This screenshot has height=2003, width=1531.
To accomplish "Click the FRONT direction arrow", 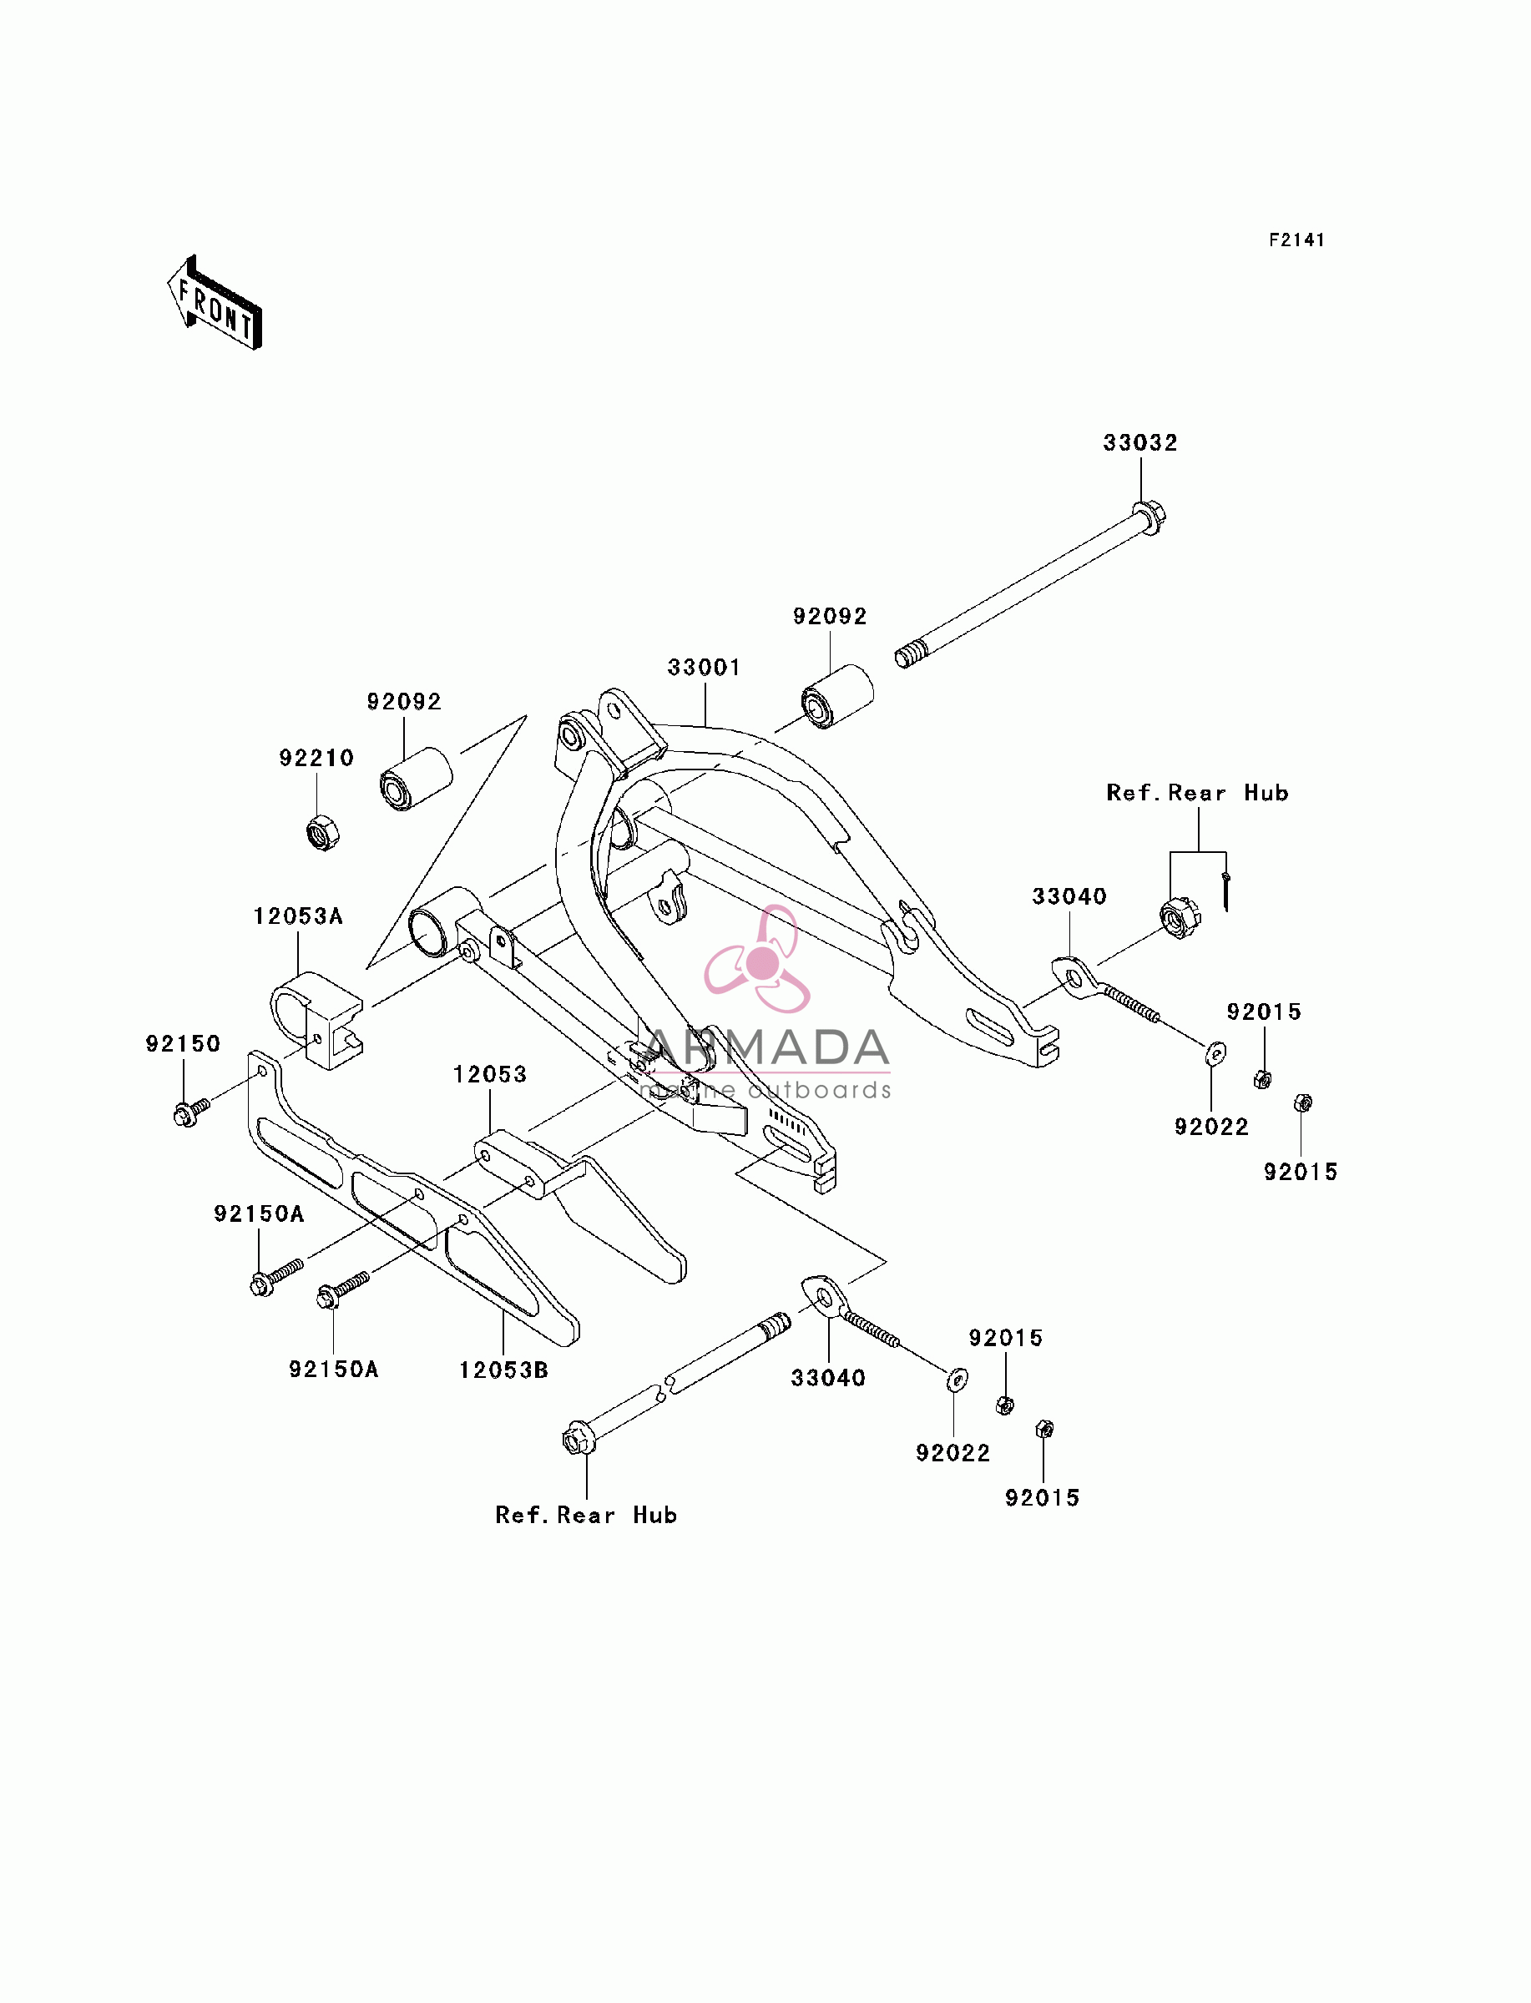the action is [215, 303].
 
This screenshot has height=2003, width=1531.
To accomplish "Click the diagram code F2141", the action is [1296, 240].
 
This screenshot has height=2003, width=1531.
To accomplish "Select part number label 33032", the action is [1140, 442].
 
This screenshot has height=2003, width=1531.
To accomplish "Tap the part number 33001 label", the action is [704, 668].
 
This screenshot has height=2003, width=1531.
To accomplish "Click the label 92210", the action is [316, 758].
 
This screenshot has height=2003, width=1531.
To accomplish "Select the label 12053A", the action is [298, 916].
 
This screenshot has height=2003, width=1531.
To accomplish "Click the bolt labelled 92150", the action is [191, 1112].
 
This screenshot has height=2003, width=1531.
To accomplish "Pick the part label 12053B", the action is [503, 1370].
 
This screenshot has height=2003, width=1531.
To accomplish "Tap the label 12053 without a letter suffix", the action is [490, 1075].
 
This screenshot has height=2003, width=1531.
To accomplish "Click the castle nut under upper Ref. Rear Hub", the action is [1180, 918].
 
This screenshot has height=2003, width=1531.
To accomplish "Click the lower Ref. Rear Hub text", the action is [586, 1515].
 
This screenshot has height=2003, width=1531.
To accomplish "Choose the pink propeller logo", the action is [758, 960].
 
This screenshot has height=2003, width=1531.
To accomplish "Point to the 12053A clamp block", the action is [317, 1019].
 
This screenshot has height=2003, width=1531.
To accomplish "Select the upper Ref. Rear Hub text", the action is [1197, 793].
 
